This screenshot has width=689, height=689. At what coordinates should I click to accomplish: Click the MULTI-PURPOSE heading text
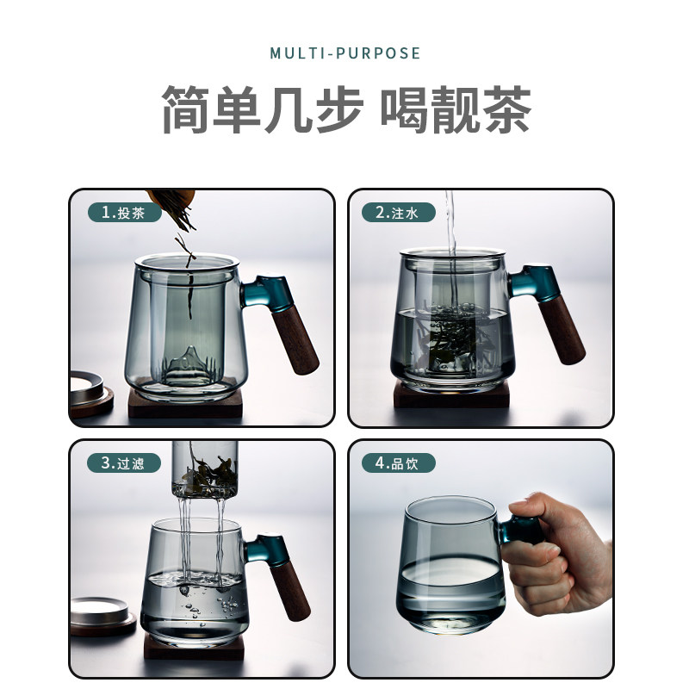(x=345, y=53)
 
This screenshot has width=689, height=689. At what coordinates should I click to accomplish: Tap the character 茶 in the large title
(x=507, y=109)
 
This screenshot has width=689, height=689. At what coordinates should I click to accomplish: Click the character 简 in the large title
(x=186, y=109)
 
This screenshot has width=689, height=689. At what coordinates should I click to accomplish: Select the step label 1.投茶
(x=124, y=213)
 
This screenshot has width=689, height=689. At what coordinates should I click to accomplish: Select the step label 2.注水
(x=398, y=213)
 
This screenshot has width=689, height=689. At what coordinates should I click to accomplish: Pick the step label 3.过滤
(x=124, y=463)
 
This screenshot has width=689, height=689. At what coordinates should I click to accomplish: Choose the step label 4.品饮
(x=398, y=463)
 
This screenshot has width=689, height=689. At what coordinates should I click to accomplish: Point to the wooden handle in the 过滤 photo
(x=290, y=589)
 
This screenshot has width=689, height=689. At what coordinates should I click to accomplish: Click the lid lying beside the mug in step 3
(x=103, y=615)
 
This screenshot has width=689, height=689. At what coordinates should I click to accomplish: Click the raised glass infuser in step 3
(x=205, y=469)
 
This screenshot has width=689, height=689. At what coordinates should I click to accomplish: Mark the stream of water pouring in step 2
(x=450, y=246)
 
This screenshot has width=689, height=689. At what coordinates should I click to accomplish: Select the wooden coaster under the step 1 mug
(x=185, y=403)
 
